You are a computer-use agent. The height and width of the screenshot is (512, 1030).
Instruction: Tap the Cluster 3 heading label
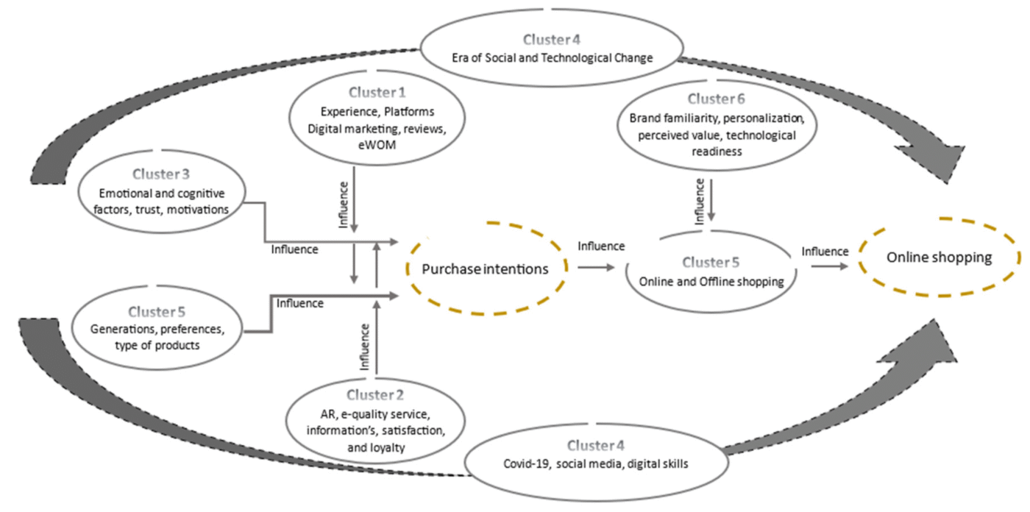160,174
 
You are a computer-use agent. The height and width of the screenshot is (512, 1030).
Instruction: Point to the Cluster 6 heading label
713,99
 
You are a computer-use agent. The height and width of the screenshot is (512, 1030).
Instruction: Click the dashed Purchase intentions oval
486,269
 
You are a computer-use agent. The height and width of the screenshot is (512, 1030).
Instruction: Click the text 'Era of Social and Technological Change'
551,57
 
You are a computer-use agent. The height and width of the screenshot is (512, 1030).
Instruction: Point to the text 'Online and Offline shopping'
712,280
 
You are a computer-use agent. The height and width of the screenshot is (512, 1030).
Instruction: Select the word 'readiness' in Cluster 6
713,152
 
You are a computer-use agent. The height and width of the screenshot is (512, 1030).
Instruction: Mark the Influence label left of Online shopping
825,252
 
